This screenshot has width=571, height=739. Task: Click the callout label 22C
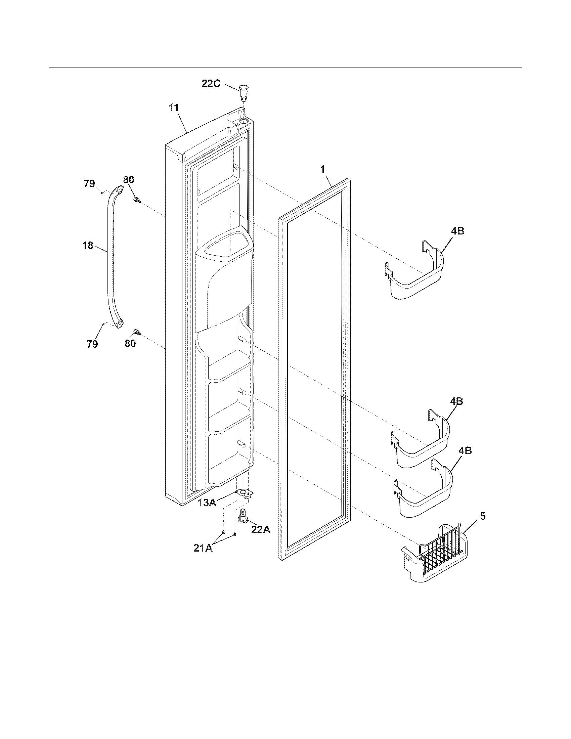point(211,84)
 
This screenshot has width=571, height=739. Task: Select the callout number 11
point(174,108)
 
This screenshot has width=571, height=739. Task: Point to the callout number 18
point(88,245)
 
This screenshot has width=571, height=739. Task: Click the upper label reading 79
point(89,184)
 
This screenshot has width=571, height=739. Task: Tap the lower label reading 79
point(92,344)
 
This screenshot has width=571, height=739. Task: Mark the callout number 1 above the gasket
point(323,169)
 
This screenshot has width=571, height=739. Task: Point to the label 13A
point(207,503)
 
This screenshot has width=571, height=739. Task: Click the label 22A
point(261,529)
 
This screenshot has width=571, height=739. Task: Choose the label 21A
point(203,548)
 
